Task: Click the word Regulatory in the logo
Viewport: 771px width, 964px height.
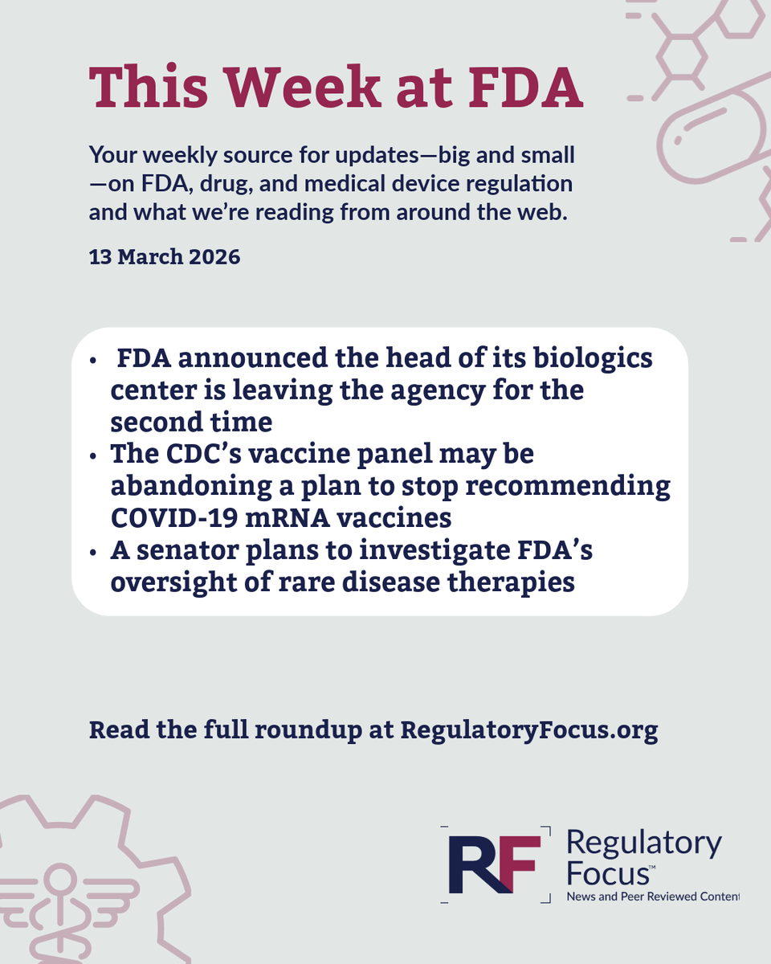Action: point(643,843)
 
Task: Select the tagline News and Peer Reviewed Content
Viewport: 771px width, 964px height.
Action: point(652,896)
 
